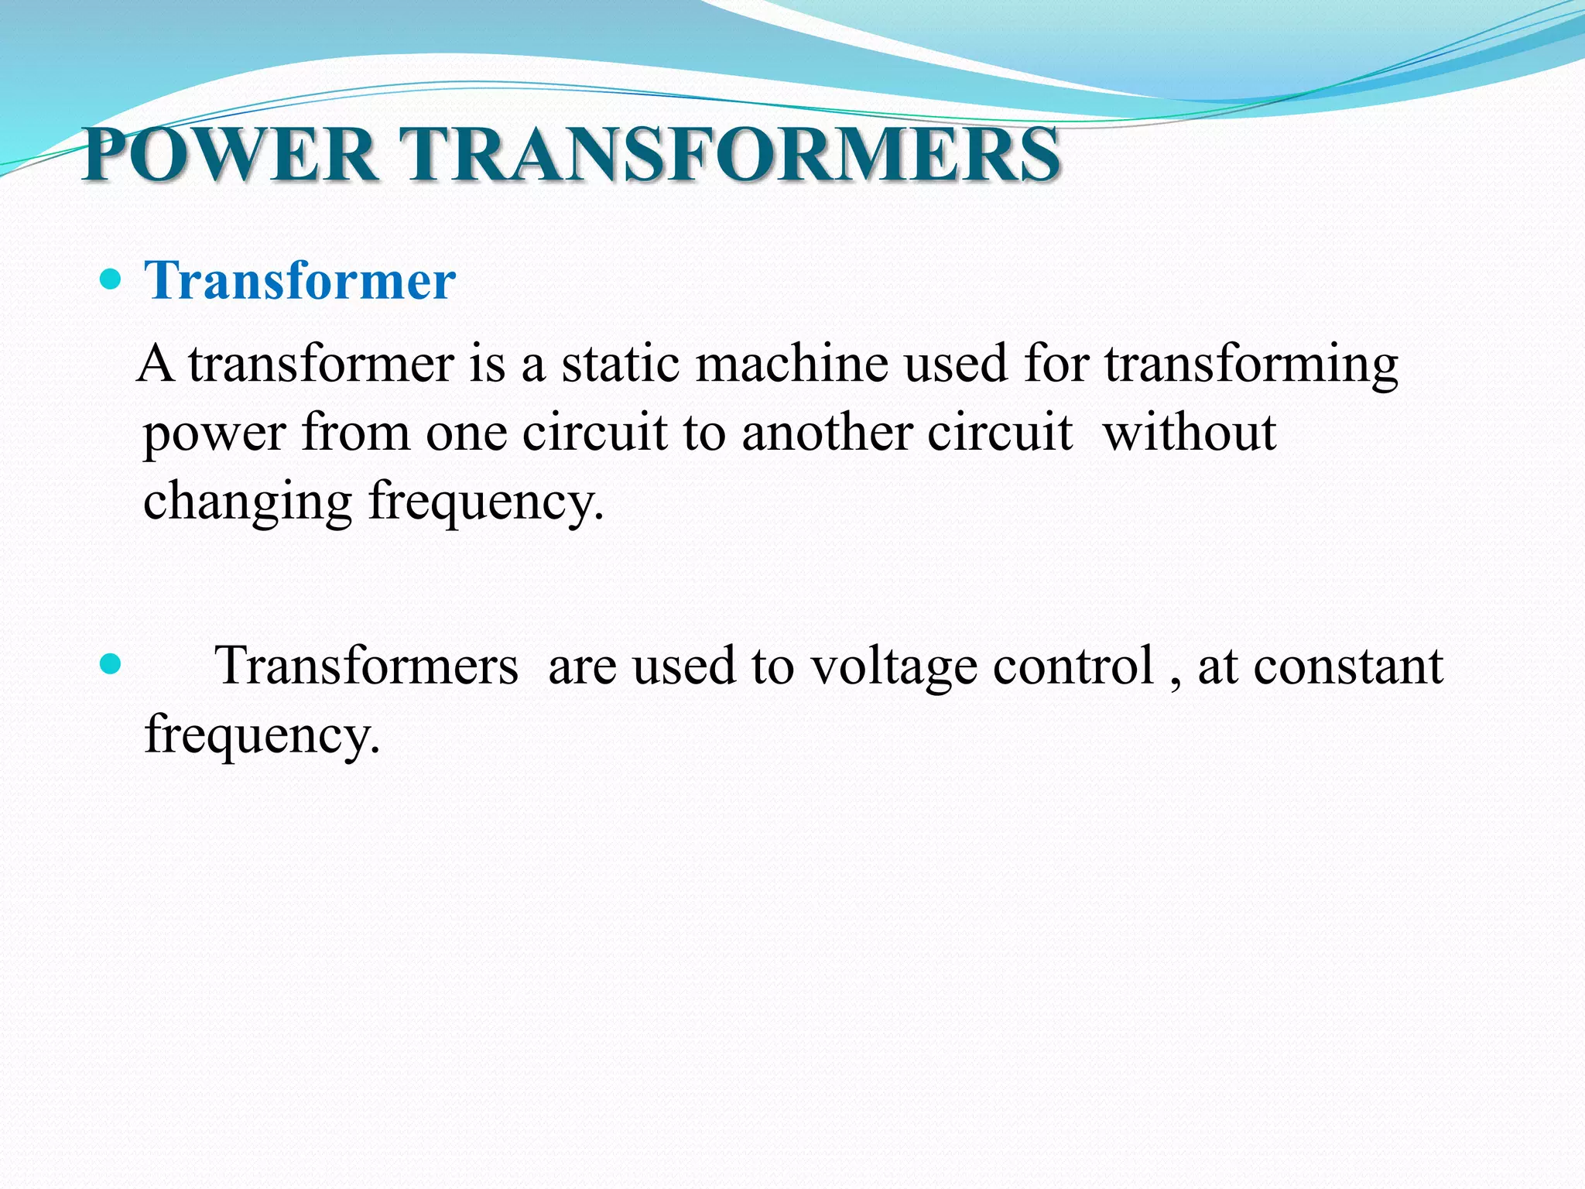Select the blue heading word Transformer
coord(300,280)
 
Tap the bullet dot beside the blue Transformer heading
coord(111,279)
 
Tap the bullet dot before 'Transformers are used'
coord(111,664)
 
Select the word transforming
coord(1251,365)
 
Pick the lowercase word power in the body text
coord(214,433)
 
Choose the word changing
coord(248,502)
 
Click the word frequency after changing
coord(485,502)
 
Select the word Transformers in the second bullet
coord(367,666)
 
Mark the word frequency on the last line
coord(262,734)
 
